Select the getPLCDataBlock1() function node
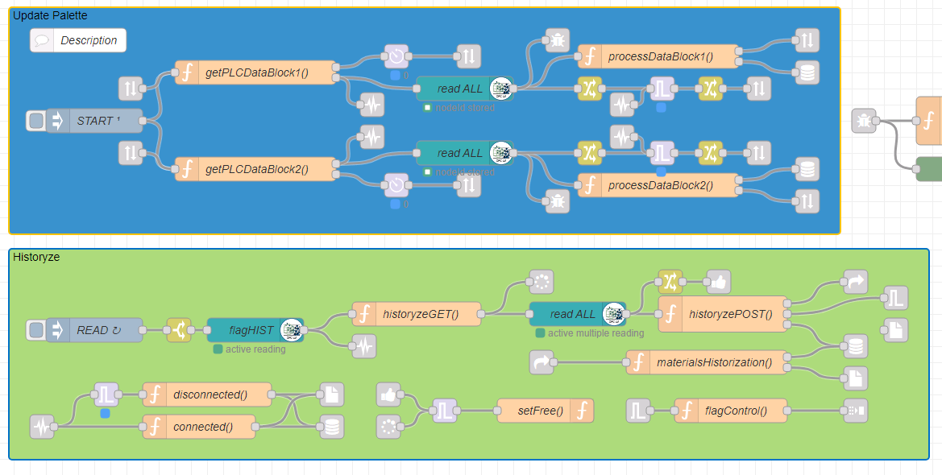(x=256, y=72)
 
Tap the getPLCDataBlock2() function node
(x=256, y=169)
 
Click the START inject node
(x=95, y=121)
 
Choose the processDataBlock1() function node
(x=659, y=56)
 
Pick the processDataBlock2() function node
(x=659, y=185)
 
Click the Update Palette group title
(x=50, y=15)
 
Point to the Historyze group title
(x=35, y=257)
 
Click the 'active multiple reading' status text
(x=595, y=333)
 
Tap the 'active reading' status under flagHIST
(x=255, y=349)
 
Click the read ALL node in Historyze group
(x=574, y=314)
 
